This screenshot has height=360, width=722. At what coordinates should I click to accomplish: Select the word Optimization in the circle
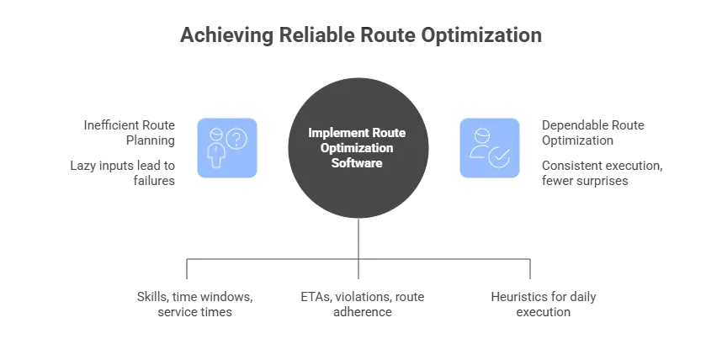[362, 147]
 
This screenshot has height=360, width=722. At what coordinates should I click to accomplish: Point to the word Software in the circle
[362, 162]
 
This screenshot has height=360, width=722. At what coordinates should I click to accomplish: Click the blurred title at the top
[361, 37]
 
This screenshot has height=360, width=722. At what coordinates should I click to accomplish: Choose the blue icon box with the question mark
[227, 148]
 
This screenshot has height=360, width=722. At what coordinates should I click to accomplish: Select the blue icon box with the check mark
[490, 148]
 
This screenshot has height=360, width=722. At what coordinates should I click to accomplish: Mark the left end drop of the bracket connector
[184, 271]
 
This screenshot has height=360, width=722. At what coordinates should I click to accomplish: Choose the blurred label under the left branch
[194, 302]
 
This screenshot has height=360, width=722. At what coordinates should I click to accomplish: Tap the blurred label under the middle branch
[360, 302]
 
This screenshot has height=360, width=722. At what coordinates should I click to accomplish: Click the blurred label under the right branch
[544, 302]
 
